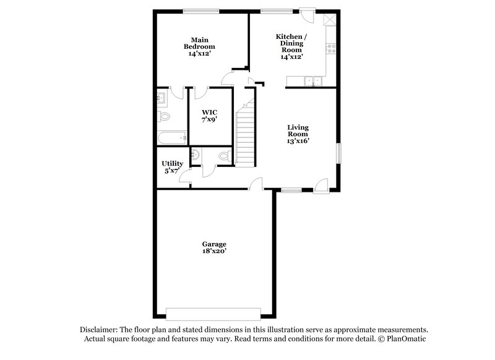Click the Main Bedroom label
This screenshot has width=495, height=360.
[199, 43]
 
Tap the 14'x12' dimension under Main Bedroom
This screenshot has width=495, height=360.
[199, 54]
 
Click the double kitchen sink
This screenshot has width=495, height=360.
[312, 80]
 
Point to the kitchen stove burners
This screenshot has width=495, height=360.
[332, 46]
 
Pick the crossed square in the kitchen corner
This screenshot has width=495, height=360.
[330, 18]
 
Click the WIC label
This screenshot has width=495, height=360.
[209, 112]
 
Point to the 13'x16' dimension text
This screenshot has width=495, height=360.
[298, 140]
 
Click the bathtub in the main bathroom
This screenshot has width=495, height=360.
[171, 137]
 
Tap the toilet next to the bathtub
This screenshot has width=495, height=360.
[164, 116]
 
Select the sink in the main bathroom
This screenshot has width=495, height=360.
[161, 97]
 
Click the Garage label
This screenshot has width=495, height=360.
[214, 244]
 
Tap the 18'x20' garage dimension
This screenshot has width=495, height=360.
[214, 252]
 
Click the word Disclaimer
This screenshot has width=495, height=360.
[100, 330]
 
